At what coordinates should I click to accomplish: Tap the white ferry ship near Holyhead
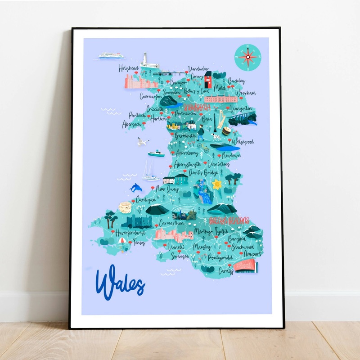click(111, 55)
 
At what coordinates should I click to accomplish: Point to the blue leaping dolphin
click(135, 187)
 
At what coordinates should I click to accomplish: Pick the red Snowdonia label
click(198, 107)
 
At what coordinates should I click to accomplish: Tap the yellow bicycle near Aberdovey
click(205, 147)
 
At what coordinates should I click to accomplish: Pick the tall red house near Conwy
click(208, 80)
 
